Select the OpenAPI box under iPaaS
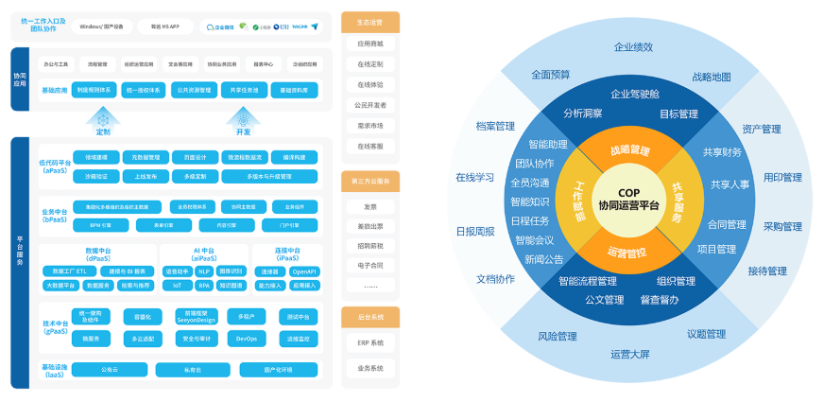coord(304,271)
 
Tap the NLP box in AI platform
coord(204,271)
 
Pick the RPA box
coord(204,284)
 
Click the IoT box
coord(177,284)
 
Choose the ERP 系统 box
coord(370,342)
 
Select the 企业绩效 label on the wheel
coord(633,46)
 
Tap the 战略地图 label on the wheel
coord(712,77)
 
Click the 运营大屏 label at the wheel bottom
coord(629,354)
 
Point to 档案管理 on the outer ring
coord(495,126)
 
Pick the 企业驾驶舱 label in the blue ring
coord(635,94)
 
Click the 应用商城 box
coord(370,44)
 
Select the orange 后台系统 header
coord(370,318)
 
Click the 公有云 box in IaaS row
coord(110,370)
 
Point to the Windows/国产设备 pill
coord(102,27)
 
